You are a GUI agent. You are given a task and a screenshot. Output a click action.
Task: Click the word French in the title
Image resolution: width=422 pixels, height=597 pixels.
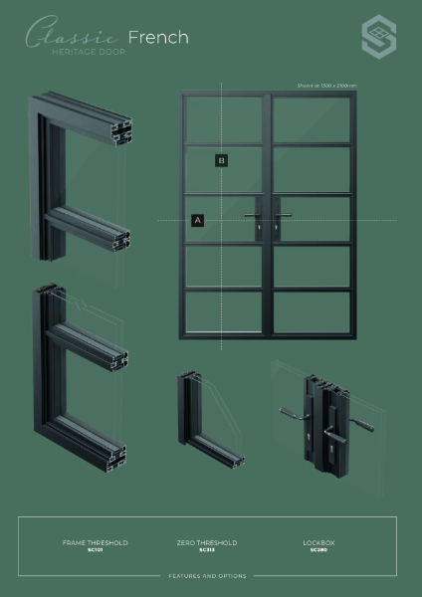pos(160,37)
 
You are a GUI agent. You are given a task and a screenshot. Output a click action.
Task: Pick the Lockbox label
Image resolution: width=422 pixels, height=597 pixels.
pos(317,542)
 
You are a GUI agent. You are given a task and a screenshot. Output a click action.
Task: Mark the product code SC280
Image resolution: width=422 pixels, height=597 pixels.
pos(317,550)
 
